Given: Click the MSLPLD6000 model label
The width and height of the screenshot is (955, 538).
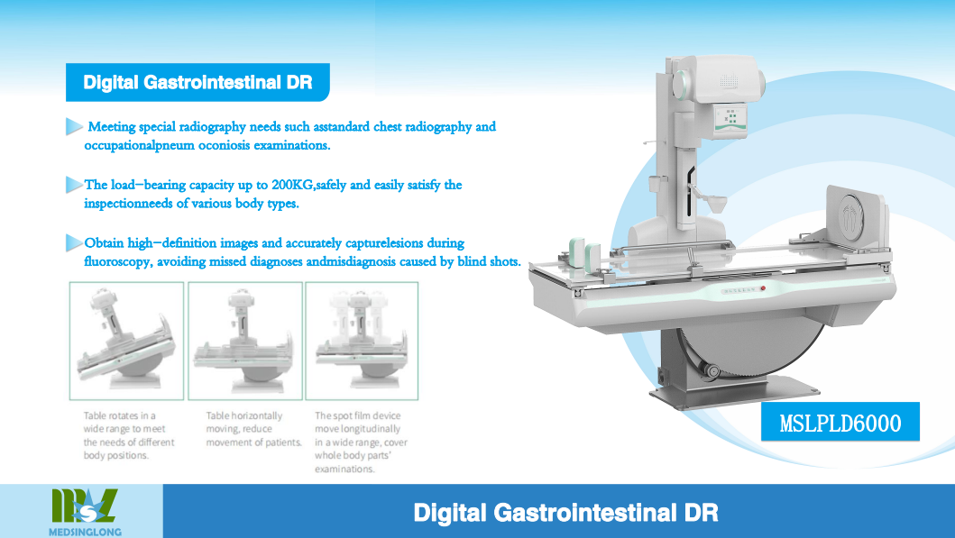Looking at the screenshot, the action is click(x=840, y=423).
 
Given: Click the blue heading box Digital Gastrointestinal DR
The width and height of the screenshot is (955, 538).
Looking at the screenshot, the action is click(x=197, y=82).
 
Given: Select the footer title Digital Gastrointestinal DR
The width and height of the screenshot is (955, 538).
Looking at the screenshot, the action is click(x=565, y=513).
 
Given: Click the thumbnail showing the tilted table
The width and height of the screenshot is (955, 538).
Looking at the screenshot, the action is click(x=126, y=341).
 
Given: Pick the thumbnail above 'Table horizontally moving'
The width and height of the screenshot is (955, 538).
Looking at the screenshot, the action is click(x=245, y=341).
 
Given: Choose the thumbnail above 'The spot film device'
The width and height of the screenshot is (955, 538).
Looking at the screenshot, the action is click(x=362, y=341).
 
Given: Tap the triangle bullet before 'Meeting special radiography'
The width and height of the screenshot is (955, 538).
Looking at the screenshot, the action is click(x=74, y=126).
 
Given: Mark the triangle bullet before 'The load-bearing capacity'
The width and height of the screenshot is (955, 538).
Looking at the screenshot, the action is click(x=74, y=185).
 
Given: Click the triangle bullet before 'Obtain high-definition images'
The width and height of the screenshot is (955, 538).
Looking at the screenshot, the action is click(x=74, y=242).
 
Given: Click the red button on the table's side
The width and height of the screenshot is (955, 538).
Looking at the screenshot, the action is click(x=763, y=288).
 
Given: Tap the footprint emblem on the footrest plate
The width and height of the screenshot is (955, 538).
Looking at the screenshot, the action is click(x=851, y=215).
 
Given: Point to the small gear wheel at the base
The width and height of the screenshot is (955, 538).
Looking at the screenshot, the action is click(x=711, y=369).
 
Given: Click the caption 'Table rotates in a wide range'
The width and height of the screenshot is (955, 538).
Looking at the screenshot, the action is click(x=129, y=435).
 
